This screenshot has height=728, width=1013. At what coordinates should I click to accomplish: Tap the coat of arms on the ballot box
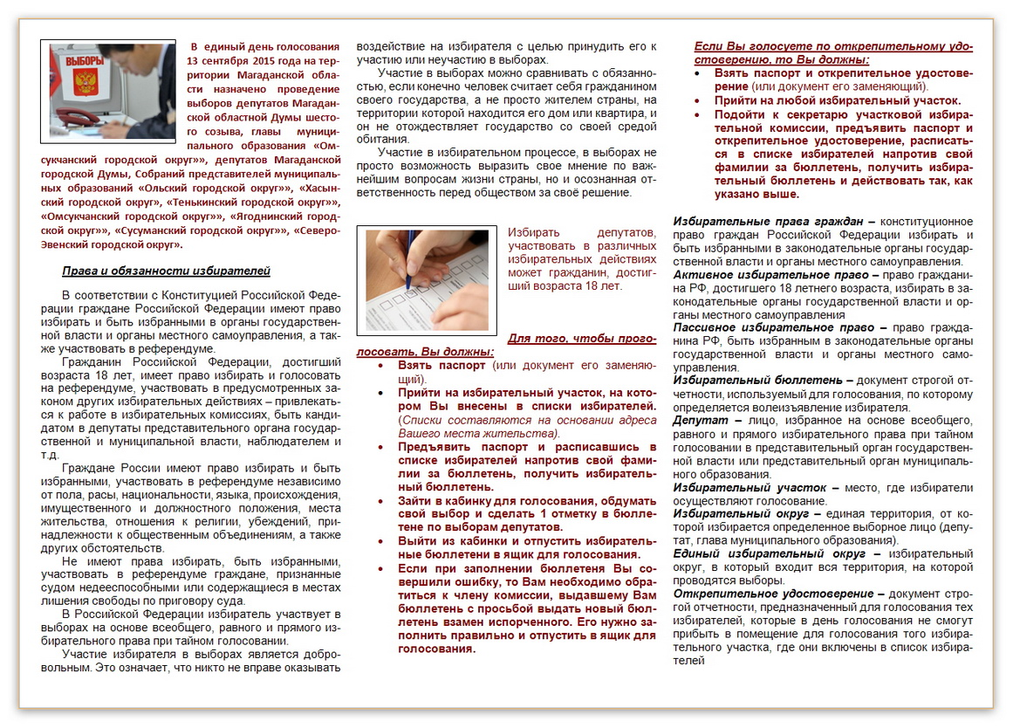coord(86,83)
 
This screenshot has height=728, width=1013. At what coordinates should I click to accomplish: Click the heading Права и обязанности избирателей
coord(166,271)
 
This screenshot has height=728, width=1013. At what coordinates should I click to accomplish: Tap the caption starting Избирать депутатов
coord(582,259)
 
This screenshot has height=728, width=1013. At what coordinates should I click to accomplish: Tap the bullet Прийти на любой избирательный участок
coord(838,100)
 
